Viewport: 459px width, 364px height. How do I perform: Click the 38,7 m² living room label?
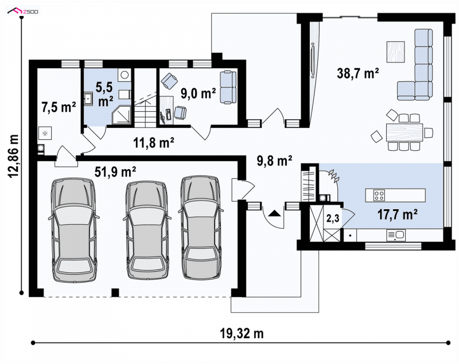(x=357, y=73)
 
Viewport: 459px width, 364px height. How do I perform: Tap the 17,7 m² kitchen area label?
(x=397, y=214)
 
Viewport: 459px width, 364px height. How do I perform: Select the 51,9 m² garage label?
(x=115, y=171)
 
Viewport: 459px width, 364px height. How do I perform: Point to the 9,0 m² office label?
(x=198, y=93)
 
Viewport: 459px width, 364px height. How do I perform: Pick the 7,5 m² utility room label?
(x=59, y=107)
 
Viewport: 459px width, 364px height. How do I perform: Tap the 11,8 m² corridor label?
(x=154, y=143)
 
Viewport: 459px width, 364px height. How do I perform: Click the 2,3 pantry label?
(x=333, y=218)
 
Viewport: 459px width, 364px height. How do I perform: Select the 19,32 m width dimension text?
(x=242, y=333)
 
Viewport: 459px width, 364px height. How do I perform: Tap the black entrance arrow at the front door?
(x=274, y=213)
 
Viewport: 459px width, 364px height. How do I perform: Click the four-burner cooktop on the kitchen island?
(x=379, y=195)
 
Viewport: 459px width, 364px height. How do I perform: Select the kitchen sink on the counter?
(x=396, y=235)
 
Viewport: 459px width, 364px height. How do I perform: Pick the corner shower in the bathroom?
(x=121, y=115)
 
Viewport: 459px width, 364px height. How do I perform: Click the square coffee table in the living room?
(x=395, y=52)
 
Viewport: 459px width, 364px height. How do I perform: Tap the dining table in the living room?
(x=404, y=132)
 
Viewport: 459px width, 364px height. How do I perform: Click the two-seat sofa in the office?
(x=228, y=87)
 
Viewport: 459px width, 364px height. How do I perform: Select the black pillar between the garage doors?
(x=115, y=293)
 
